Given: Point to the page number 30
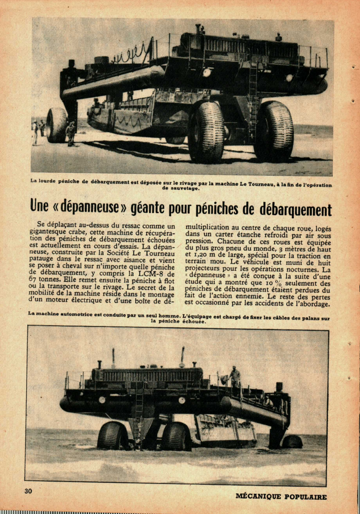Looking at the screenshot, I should (28, 491).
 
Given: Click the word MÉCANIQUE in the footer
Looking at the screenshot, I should (258, 497).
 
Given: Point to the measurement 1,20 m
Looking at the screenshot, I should (208, 255).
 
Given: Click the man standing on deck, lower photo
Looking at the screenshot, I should (235, 377).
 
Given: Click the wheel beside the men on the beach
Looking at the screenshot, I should (57, 125).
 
